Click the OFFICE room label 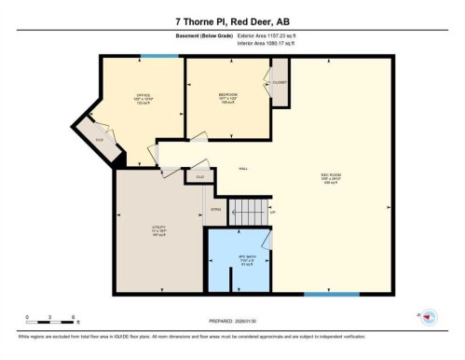coord(144,96)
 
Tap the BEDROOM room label coord(226,95)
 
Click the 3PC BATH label coord(235,257)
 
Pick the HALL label coord(242,168)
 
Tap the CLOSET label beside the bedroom coord(280,82)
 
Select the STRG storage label coord(215,211)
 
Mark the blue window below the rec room coord(331,297)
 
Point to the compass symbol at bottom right coord(427,316)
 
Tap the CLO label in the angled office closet coord(98,140)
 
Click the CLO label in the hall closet coord(198,175)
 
